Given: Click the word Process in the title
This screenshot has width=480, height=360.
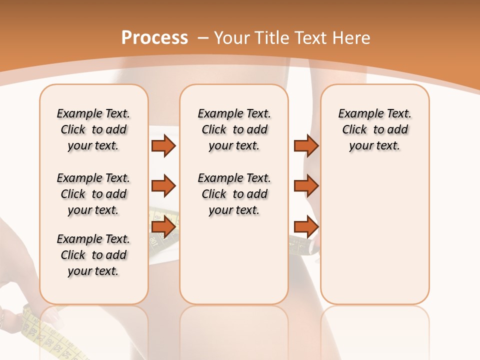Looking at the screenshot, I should pos(154,38).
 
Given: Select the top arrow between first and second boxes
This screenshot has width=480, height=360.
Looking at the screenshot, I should pos(163,145).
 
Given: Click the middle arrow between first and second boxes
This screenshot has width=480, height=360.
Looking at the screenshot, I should pos(163,186).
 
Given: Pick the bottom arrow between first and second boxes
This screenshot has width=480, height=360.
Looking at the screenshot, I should pos(163,227).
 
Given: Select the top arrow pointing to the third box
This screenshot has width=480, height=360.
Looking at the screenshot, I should pos(306,145).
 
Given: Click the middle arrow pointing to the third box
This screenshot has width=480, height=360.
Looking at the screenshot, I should pos(306,186).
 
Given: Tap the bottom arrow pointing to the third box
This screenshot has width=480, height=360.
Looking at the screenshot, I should pos(306,227).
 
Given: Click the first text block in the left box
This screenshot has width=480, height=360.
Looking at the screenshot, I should pos(93,129).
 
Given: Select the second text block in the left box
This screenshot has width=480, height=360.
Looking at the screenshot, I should pos(93,194).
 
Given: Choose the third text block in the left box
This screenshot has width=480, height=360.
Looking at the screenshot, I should pos(93,255).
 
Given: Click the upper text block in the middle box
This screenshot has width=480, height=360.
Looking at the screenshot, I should pos(234,129).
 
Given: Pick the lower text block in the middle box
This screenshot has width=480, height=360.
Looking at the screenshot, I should pos(234,194).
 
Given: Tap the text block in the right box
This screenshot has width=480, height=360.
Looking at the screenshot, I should pos(374,129).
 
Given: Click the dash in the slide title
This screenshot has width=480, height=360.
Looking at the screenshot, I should pos(202,38).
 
